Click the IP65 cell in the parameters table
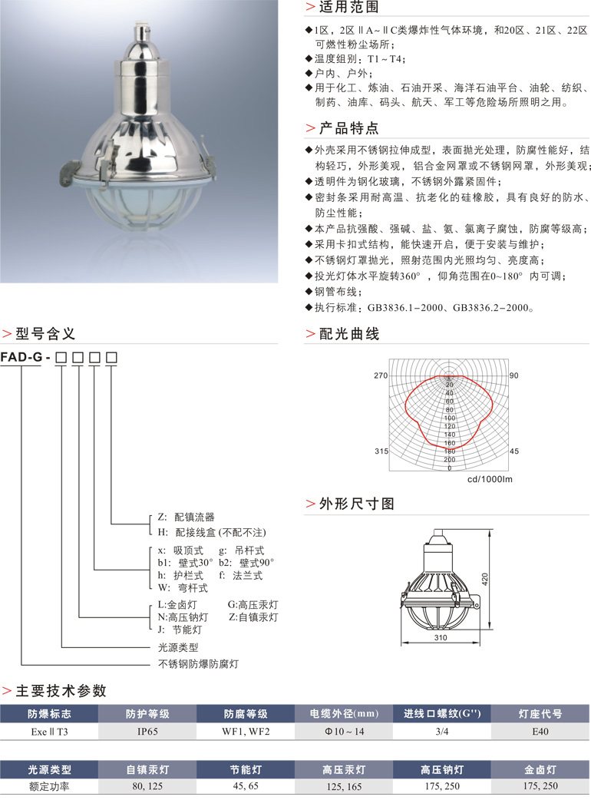[147, 732]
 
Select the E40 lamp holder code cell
[540, 732]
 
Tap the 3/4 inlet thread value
[442, 732]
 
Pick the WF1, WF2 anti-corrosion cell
[246, 732]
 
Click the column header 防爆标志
[49, 714]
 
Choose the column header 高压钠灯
[442, 770]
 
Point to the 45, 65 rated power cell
[246, 785]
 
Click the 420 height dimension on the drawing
[485, 579]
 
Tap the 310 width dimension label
[441, 637]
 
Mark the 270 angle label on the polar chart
[381, 375]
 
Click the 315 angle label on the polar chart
[381, 451]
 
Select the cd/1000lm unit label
[490, 479]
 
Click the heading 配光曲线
[349, 334]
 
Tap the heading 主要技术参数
[61, 691]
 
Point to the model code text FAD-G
[21, 357]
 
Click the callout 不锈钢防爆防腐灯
[198, 664]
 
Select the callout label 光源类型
[178, 647]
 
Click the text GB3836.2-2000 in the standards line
[491, 308]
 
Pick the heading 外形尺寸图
[357, 504]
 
